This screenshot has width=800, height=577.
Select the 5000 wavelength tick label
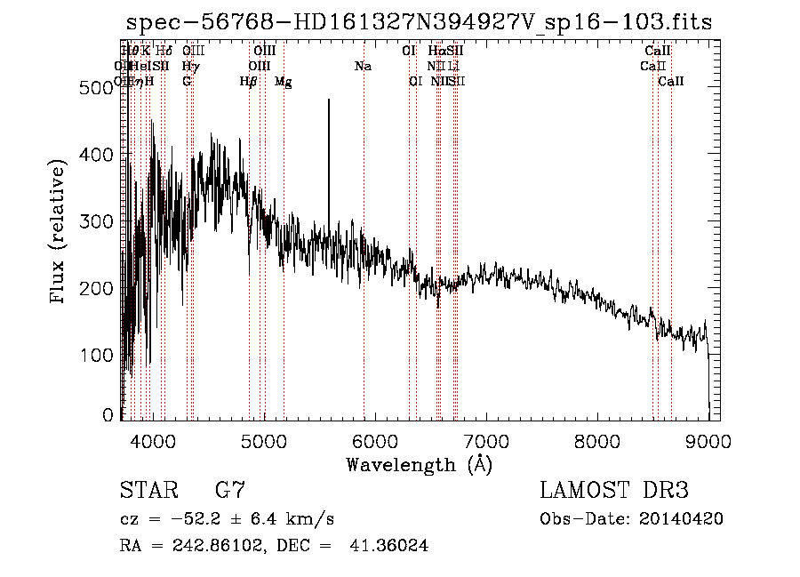(263, 440)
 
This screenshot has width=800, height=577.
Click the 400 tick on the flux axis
(122, 154)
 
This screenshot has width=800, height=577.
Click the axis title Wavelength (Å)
(418, 464)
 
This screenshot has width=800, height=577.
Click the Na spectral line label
(363, 67)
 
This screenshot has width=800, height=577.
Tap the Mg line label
(283, 82)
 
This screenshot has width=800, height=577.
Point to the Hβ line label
(248, 82)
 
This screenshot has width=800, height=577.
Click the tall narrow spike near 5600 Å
(329, 160)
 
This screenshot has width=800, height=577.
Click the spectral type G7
(229, 491)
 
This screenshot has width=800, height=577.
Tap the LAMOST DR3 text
(613, 491)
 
